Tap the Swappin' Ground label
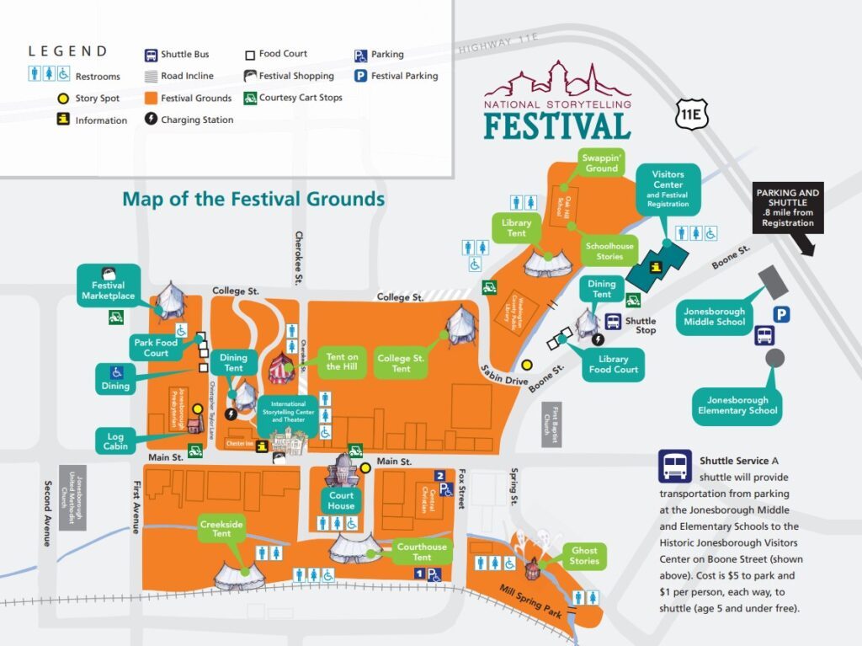(602, 163)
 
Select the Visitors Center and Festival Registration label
(668, 190)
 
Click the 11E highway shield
(693, 115)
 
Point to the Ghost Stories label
(584, 556)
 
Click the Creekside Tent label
(221, 529)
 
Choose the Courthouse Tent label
(422, 552)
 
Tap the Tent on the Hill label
(342, 362)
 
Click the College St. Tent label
(401, 363)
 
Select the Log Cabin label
(116, 440)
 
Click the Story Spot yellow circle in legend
(62, 99)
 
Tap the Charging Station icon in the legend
(151, 120)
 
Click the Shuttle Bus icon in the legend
(151, 55)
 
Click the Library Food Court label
(613, 364)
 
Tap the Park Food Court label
(156, 348)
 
